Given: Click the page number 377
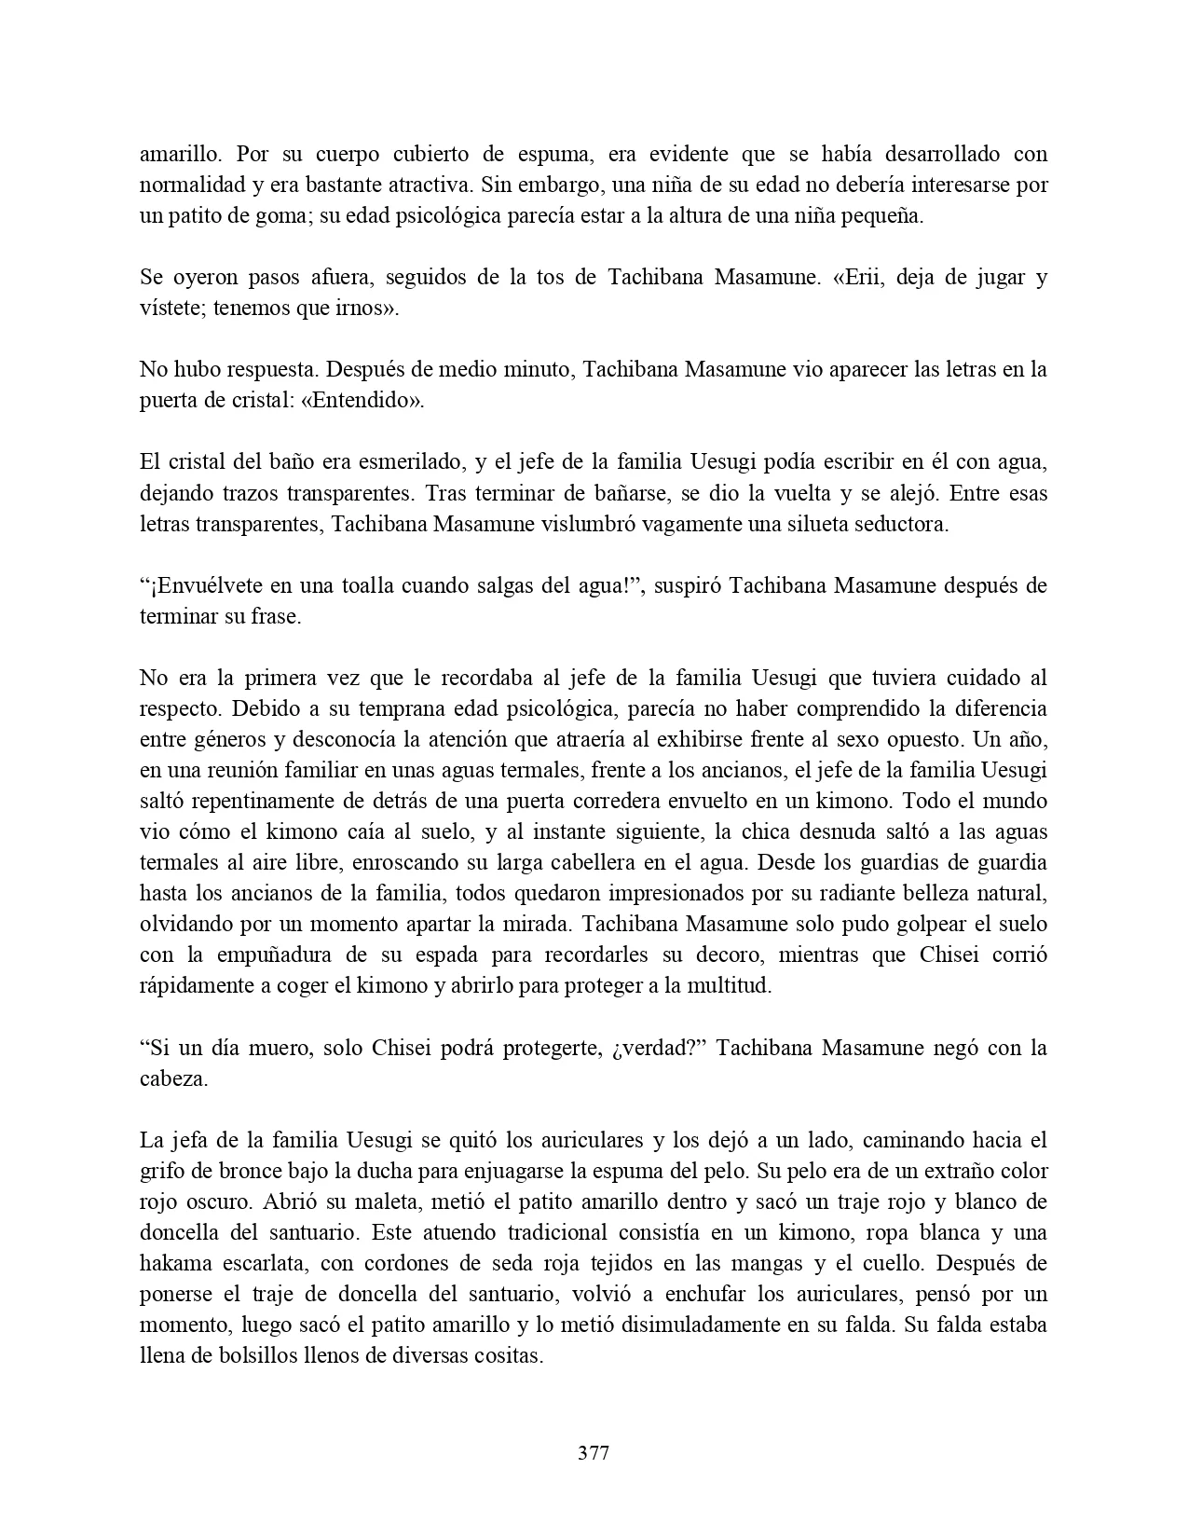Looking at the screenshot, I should tap(594, 1452).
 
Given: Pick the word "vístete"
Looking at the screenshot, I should tap(172, 308).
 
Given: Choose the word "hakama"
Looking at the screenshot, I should tap(177, 1263).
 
